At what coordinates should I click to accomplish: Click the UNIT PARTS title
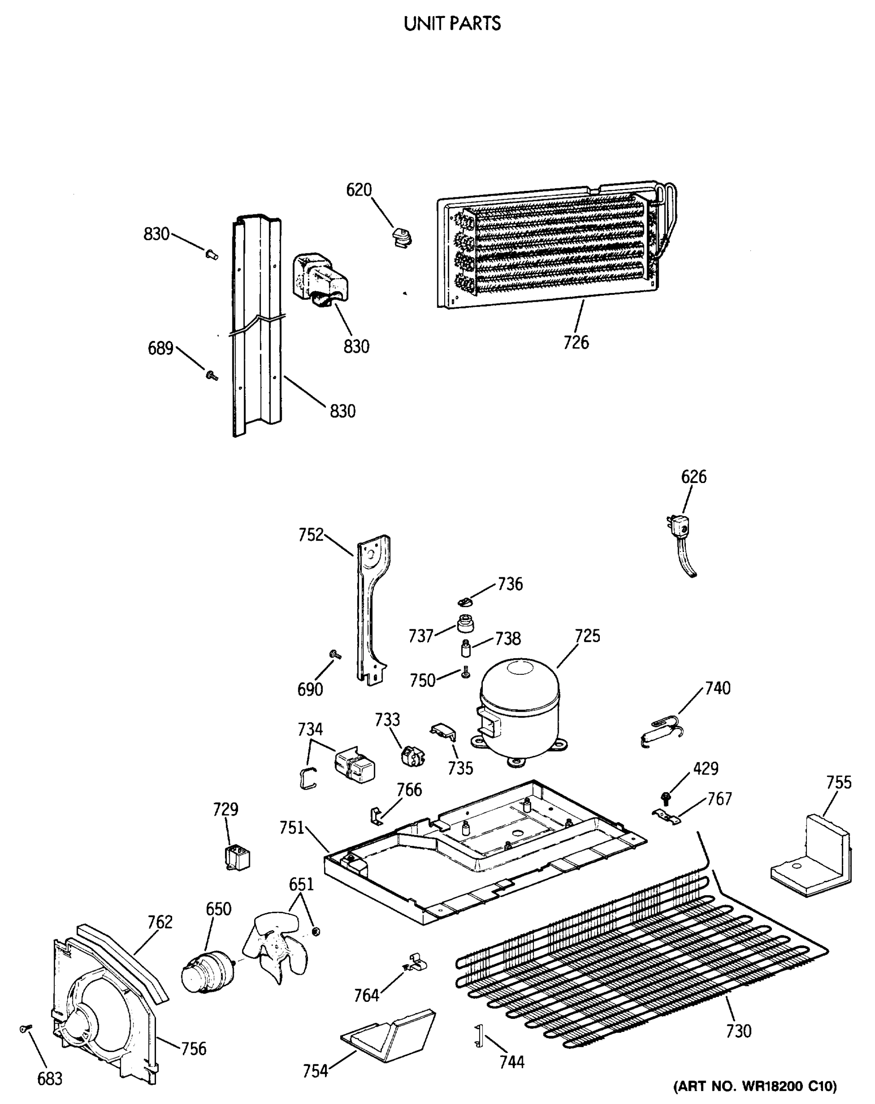[x=452, y=23]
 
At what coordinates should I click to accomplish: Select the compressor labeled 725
[x=518, y=708]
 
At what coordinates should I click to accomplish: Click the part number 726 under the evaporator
[x=576, y=343]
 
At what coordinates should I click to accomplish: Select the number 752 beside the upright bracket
[x=311, y=535]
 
